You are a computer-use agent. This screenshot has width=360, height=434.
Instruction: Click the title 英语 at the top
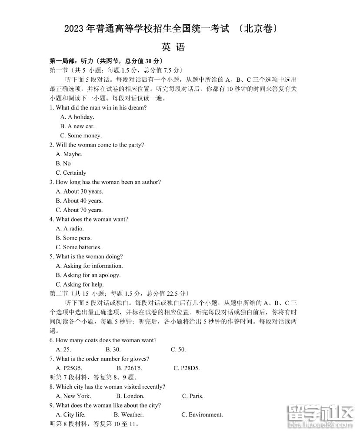pyautogui.click(x=173, y=47)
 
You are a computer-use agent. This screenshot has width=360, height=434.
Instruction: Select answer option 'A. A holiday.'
pyautogui.click(x=77, y=117)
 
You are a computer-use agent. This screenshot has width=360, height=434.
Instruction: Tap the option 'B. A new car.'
pyautogui.click(x=77, y=126)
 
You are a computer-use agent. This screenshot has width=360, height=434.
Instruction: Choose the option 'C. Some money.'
pyautogui.click(x=80, y=136)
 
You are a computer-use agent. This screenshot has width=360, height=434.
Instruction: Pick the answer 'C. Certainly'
pyautogui.click(x=71, y=173)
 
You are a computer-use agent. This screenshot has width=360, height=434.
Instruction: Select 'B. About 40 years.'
pyautogui.click(x=79, y=200)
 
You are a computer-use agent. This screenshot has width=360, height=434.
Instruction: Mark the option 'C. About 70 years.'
pyautogui.click(x=79, y=210)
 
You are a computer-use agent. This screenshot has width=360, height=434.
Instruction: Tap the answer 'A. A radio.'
pyautogui.click(x=70, y=229)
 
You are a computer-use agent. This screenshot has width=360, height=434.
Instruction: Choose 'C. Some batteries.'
pyautogui.click(x=78, y=247)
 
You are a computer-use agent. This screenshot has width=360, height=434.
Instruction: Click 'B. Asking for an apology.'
pyautogui.click(x=88, y=275)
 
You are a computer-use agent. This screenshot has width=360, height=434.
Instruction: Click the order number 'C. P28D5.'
pyautogui.click(x=187, y=368)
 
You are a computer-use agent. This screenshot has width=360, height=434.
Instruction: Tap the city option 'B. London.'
pyautogui.click(x=130, y=396)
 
